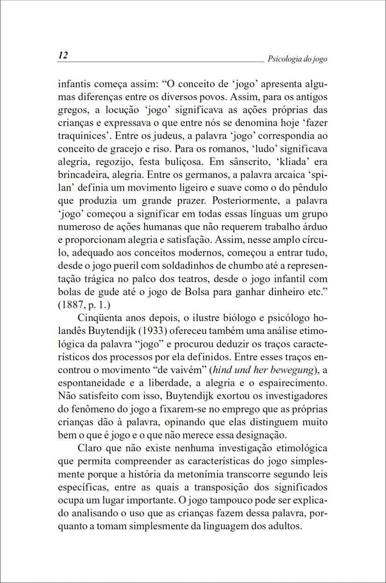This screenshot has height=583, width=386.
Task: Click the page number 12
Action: coord(63,56)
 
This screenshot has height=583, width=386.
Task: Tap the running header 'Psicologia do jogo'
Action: coord(297,59)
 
